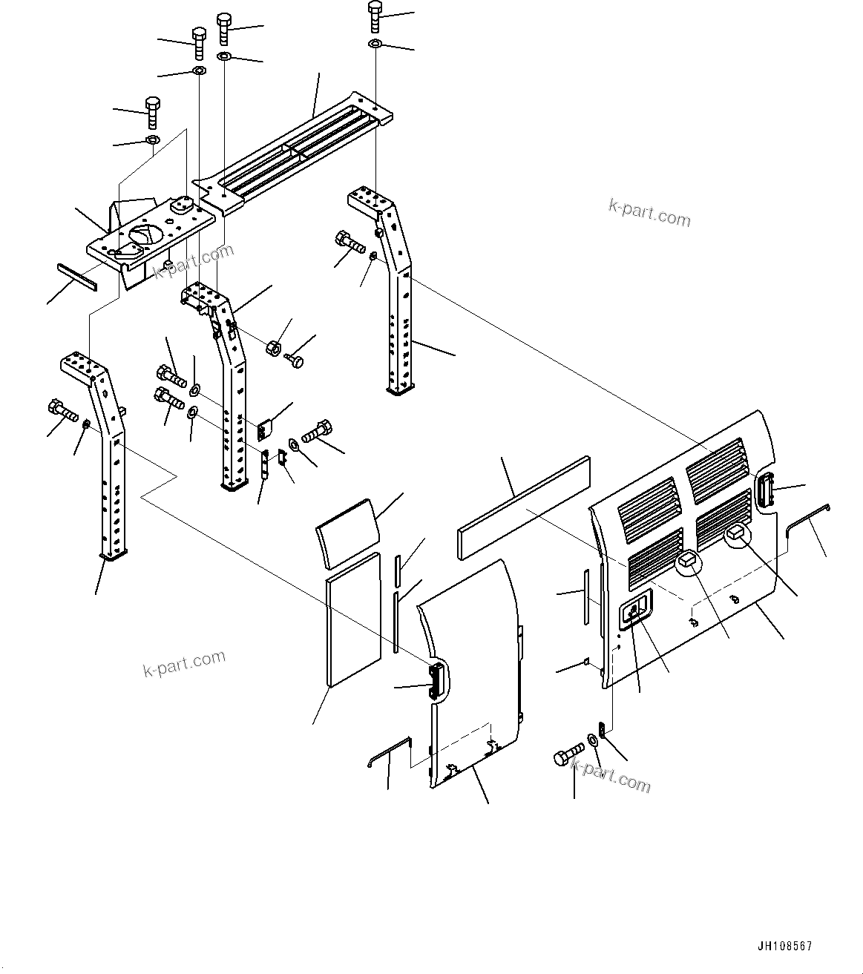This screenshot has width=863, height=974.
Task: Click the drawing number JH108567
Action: tap(784, 946)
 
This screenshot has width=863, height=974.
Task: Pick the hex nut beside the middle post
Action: tap(273, 346)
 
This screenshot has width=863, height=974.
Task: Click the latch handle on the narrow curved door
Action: tap(436, 682)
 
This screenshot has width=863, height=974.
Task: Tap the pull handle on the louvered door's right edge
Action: tap(766, 492)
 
